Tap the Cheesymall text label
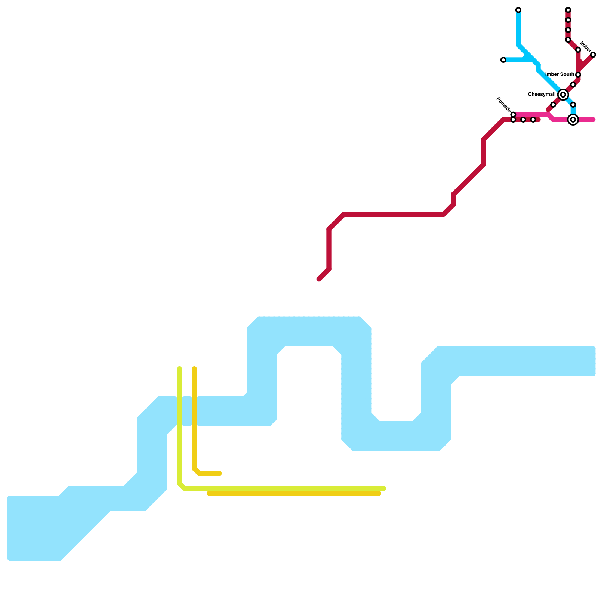point(542,95)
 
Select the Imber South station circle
point(578,75)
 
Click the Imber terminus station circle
point(593,55)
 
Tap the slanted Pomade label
point(503,104)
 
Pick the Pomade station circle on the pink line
point(513,114)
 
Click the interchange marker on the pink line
point(573,120)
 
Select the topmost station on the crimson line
point(568,10)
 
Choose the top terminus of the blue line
point(518,10)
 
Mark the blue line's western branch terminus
point(503,60)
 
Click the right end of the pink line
point(593,120)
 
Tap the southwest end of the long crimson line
point(319,279)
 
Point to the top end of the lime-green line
point(179,369)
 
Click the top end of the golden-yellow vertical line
point(194,369)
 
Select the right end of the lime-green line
point(384,488)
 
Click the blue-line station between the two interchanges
point(573,105)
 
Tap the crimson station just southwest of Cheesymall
point(553,105)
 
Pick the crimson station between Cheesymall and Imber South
point(573,85)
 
